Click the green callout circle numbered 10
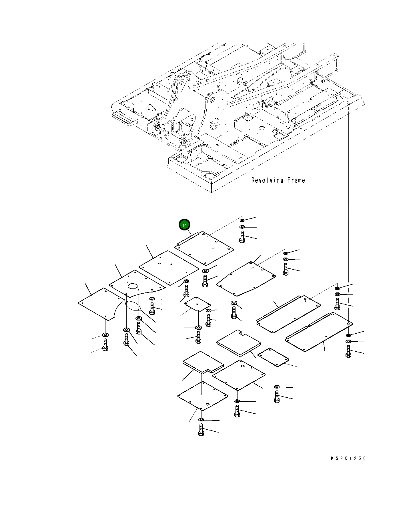point(184,225)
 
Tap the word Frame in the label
point(296,180)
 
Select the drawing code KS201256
point(348,458)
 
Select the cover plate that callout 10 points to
point(204,248)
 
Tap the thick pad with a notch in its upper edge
point(239,343)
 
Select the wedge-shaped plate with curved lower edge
point(246,279)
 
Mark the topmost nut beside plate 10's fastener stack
point(242,220)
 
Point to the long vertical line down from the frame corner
point(349,200)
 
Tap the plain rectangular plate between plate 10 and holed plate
point(169,268)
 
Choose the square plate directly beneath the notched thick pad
point(239,375)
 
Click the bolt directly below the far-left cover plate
point(105,344)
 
